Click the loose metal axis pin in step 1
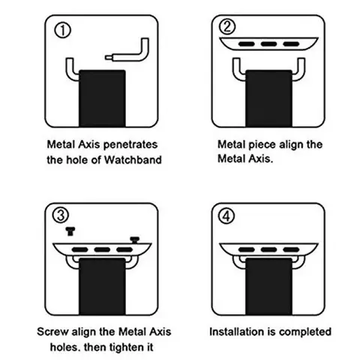click(x=127, y=57)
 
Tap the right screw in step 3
click(x=135, y=238)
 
